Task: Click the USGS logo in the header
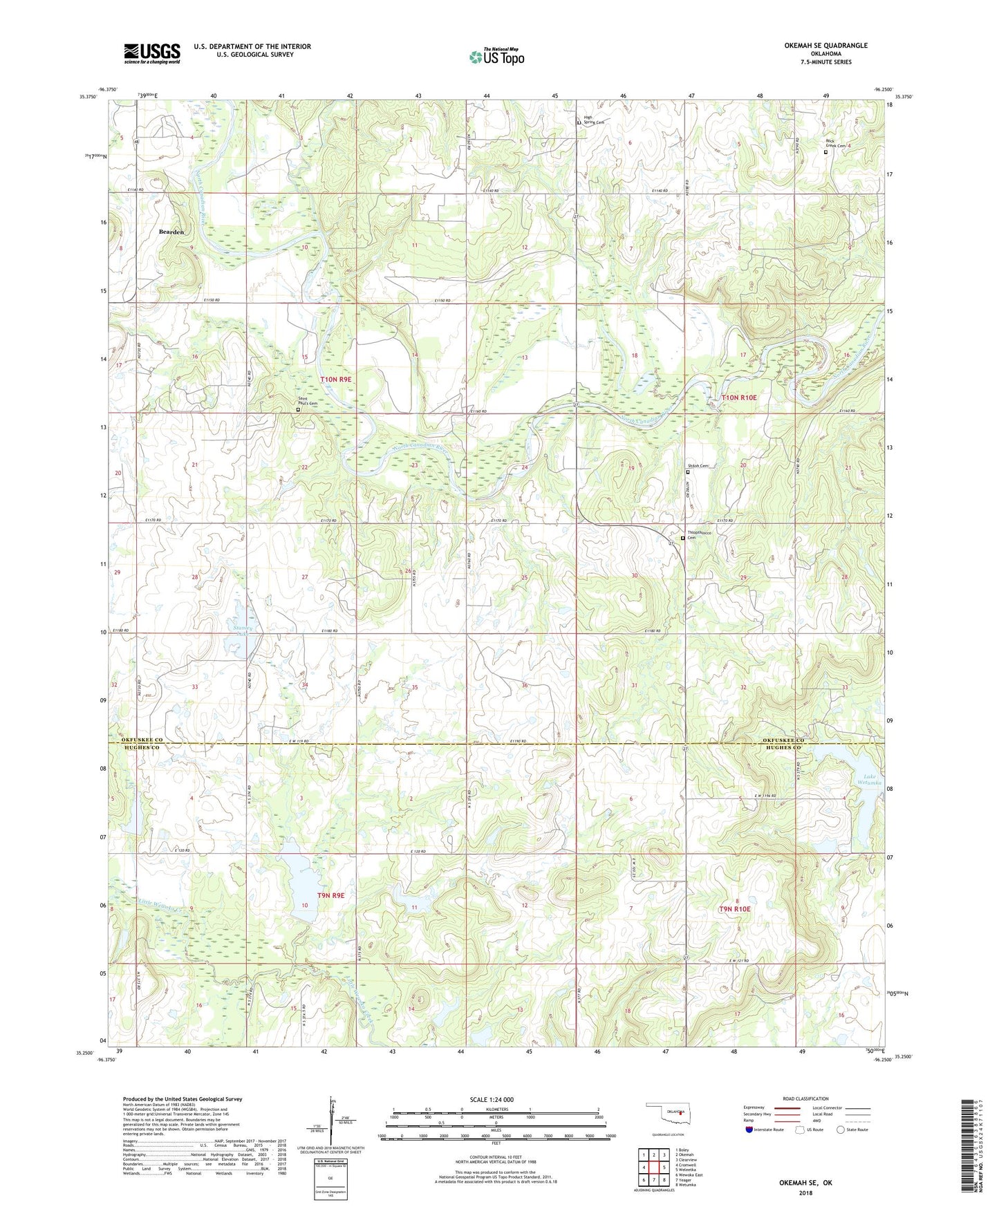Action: [x=151, y=53]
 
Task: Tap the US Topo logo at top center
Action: [x=496, y=57]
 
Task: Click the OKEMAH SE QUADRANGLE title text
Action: [x=825, y=46]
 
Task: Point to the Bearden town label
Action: [x=171, y=232]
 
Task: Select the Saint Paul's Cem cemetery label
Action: [x=308, y=400]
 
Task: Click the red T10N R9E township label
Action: [x=336, y=380]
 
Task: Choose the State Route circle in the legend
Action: [x=840, y=1130]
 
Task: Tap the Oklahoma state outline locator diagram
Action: [x=669, y=1112]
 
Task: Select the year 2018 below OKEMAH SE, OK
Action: [x=805, y=1192]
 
